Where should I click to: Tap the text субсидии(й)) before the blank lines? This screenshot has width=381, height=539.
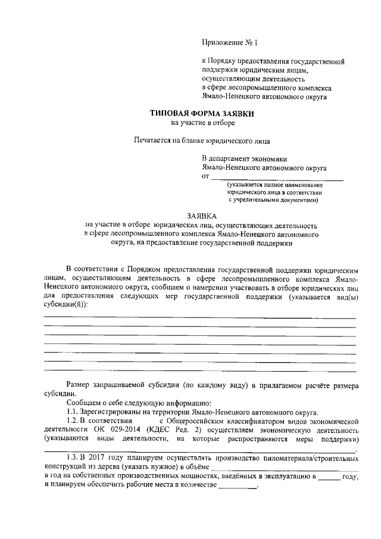[x=64, y=303]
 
